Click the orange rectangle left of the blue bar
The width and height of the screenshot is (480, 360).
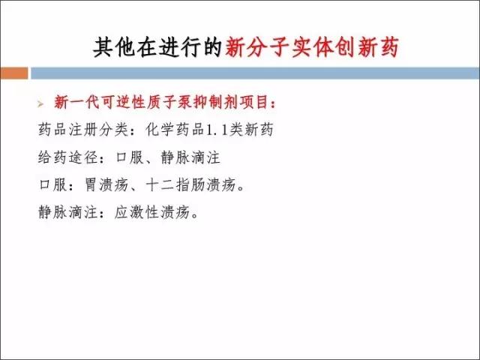point(14,73)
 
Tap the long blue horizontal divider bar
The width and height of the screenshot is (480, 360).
point(255,73)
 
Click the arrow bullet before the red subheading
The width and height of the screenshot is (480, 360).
point(40,104)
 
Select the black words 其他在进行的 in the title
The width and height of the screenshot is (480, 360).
point(157,47)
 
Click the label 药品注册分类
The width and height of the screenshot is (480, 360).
point(83,130)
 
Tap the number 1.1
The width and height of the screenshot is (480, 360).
point(217,130)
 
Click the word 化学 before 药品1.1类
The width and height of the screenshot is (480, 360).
point(160,130)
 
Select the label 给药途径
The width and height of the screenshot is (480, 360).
point(68,157)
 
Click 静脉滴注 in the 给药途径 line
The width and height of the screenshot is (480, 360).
point(190,157)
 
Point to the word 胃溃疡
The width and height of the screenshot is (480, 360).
point(106,185)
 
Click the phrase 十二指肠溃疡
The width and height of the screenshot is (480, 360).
point(190,185)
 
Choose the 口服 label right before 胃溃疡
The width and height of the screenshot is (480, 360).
point(53,185)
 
